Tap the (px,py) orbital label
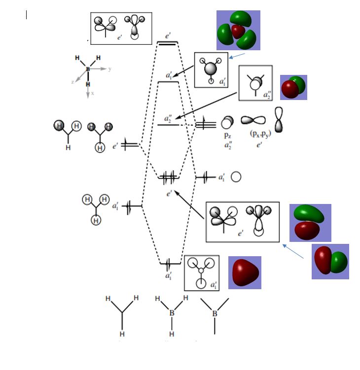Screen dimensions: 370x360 (254, 135)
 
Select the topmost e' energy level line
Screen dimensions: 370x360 (167, 43)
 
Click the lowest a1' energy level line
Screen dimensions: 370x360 (168, 264)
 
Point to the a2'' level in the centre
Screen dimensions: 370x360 (168, 125)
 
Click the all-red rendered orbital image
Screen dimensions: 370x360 (244, 272)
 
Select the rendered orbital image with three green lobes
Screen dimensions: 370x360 (238, 30)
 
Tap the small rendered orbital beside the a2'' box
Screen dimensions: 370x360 (293, 88)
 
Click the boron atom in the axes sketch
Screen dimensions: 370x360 (88, 69)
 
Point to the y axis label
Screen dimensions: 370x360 (109, 69)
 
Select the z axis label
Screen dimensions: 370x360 (73, 82)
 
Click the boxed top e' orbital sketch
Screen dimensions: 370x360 (121, 28)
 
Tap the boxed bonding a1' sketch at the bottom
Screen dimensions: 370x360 (201, 272)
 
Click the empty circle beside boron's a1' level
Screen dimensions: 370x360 (236, 176)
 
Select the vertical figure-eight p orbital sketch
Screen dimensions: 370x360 (279, 120)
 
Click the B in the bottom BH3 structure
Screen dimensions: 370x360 (172, 312)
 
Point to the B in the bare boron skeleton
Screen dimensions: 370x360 (215, 313)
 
